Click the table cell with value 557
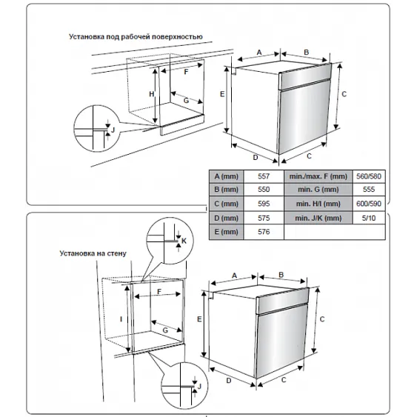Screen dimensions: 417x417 coord(264,176)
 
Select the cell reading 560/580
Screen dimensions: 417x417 coord(369,176)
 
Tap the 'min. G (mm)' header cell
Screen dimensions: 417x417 coord(318,190)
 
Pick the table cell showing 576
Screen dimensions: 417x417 coord(264,232)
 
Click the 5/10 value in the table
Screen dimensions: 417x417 coord(369,218)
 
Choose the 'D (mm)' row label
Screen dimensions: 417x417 coord(227,218)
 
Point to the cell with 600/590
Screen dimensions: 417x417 coord(369,204)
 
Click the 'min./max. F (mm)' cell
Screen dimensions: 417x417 coord(318,176)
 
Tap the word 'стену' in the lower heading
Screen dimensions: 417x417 coord(116,253)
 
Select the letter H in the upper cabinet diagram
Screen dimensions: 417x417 coord(152,94)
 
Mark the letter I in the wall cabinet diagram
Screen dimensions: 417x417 coord(121,319)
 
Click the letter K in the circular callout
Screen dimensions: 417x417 coord(184,241)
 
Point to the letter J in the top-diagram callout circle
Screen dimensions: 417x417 coord(113,130)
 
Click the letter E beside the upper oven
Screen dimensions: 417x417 coord(222,94)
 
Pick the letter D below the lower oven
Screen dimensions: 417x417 coord(229,381)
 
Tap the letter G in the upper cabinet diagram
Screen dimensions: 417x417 coord(186,101)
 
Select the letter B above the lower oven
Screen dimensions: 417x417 coord(281,275)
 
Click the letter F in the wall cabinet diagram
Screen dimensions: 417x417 coord(159,292)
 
